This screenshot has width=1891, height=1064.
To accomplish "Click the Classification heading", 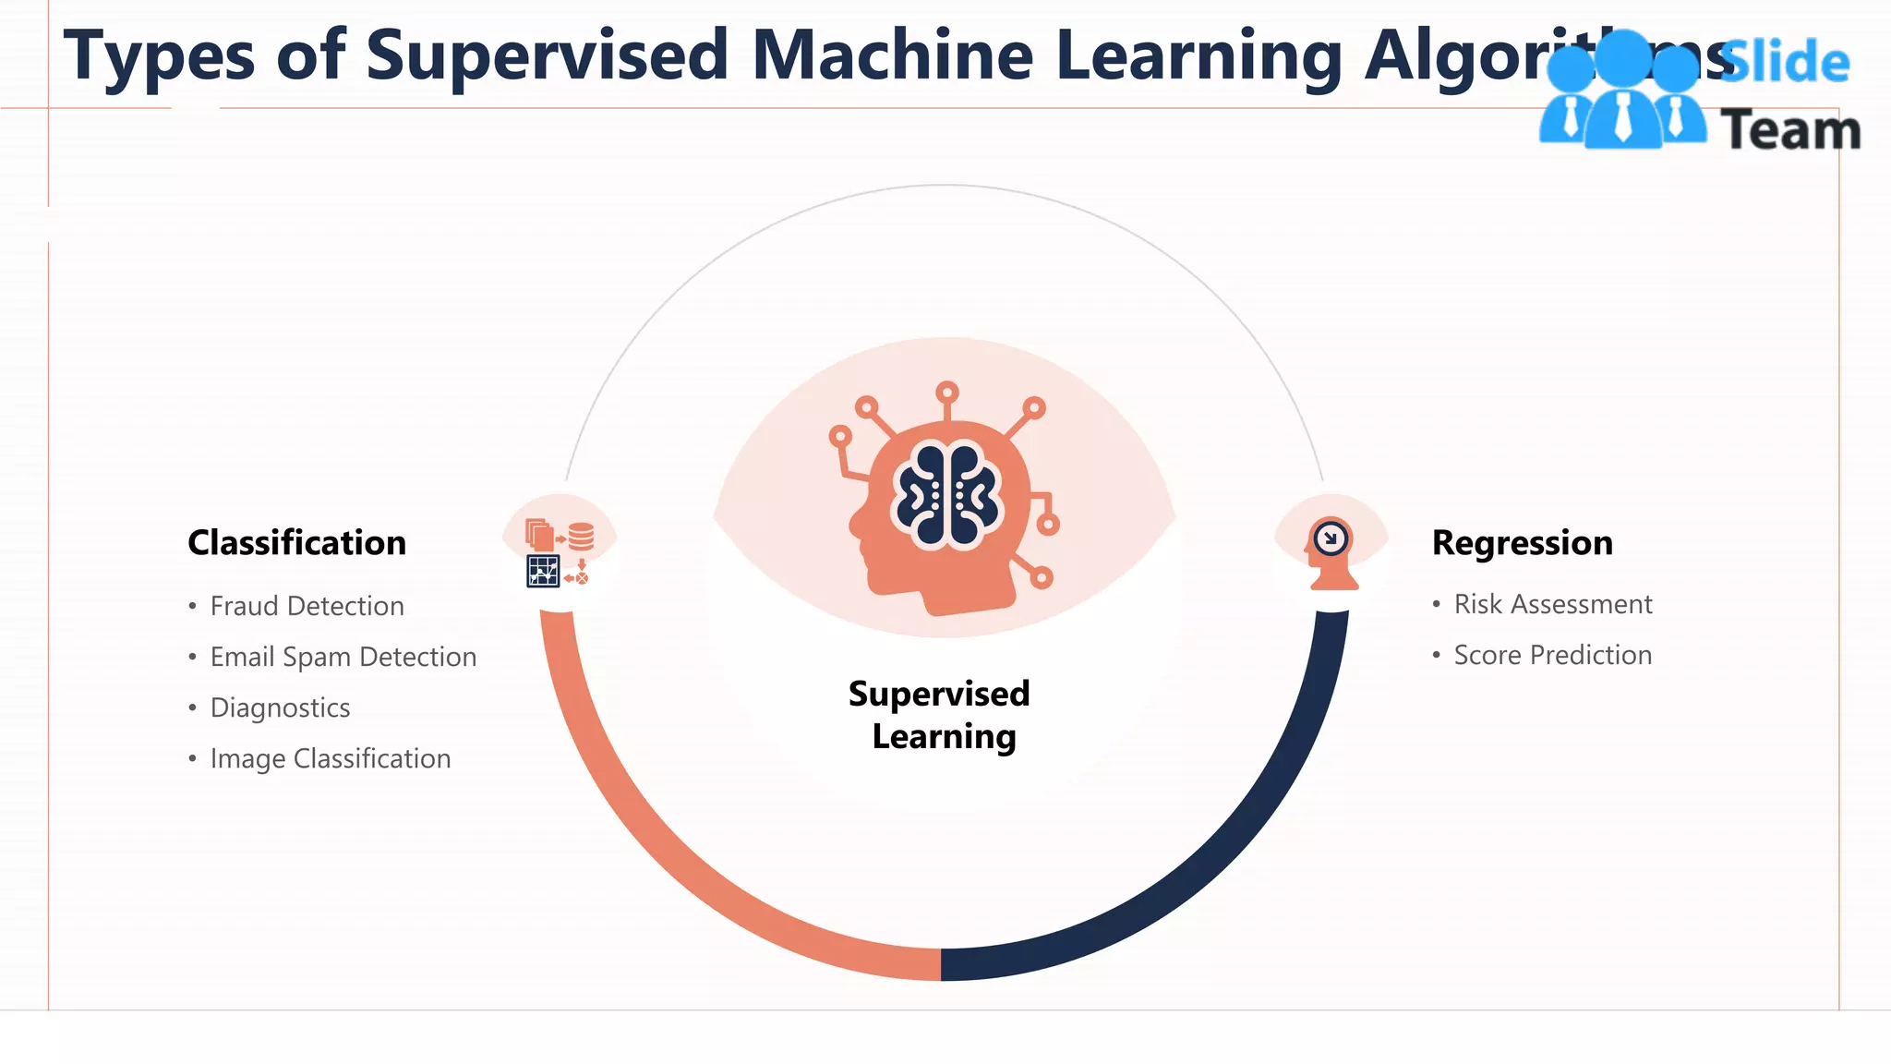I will (296, 543).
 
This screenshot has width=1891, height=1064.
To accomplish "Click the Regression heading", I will (1522, 543).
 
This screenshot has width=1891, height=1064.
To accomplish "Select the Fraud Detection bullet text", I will (307, 606).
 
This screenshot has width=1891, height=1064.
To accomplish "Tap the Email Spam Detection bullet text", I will (343, 657).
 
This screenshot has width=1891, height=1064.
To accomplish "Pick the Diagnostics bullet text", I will (280, 707).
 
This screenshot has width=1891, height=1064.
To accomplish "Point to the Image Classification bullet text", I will (330, 758).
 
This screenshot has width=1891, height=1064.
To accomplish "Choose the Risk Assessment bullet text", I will (1552, 604).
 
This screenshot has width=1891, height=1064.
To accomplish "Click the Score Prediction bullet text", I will (1552, 655).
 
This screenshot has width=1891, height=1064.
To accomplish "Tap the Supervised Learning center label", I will (940, 715).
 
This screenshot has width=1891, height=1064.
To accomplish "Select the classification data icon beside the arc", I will (559, 552).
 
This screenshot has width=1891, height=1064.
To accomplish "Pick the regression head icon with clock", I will (1331, 551).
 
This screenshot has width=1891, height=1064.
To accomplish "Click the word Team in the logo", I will (1790, 129).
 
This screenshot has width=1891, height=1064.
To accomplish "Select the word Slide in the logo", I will (1786, 63).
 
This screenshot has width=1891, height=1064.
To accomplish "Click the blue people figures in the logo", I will (1622, 92).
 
